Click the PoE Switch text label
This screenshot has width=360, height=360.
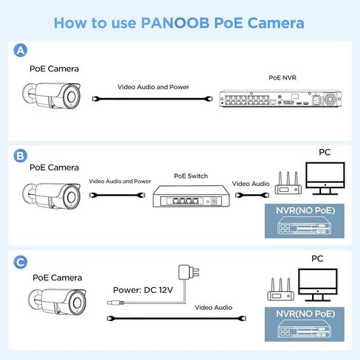tap(191, 176)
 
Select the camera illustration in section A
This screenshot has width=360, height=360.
tap(52, 96)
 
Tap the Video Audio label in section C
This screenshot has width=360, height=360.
tap(213, 307)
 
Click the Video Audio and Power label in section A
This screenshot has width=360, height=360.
tap(153, 86)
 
